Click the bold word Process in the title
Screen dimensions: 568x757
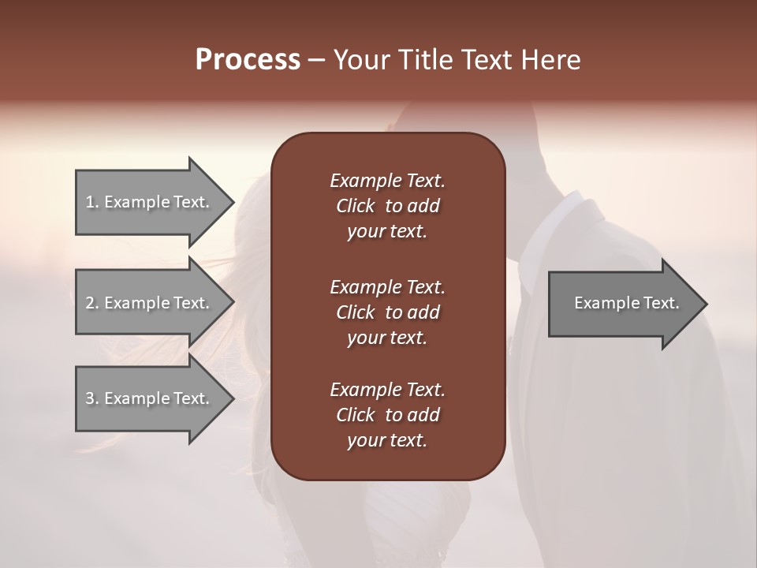click(248, 60)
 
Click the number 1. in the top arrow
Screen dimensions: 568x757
click(91, 202)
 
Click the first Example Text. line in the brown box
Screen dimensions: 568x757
click(387, 181)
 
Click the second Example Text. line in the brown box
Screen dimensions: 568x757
click(387, 287)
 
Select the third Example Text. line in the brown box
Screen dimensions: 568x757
click(387, 390)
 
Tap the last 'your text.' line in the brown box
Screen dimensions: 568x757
click(387, 440)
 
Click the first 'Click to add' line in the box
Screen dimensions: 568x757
click(387, 206)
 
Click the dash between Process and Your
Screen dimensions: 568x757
click(317, 61)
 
